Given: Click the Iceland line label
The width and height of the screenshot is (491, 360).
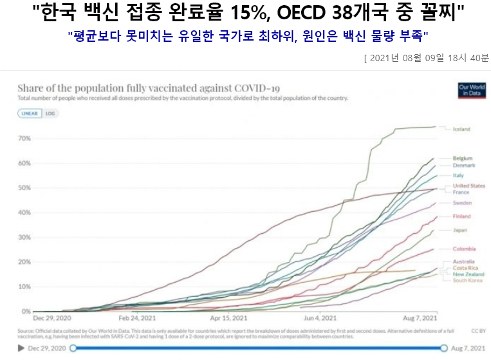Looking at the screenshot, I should tap(461, 129).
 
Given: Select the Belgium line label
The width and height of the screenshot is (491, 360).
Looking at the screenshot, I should tap(463, 158).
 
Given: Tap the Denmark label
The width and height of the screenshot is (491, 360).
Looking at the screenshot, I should tap(463, 166).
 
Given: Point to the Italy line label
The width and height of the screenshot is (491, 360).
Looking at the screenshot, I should tap(458, 175).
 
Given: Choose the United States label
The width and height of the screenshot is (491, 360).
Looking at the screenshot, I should tap(468, 185).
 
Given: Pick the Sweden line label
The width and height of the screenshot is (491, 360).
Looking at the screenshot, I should tap(462, 203).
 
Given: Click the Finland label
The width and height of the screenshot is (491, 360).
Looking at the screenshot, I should tap(461, 216).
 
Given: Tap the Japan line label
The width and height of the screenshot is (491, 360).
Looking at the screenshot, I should tap(459, 230).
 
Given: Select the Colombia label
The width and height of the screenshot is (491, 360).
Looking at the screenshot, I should tap(464, 249).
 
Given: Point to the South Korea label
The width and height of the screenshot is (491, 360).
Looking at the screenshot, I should tap(468, 280).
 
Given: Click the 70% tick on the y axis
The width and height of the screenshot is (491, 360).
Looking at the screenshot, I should tap(25, 138).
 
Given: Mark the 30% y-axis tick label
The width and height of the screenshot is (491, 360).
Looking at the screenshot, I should tap(25, 237).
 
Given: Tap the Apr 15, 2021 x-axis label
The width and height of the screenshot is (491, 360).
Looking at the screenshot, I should tap(228, 318).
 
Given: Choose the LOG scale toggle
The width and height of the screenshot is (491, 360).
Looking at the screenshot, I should tap(50, 113).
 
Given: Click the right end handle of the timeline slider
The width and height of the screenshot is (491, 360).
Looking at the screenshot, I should tap(444, 348).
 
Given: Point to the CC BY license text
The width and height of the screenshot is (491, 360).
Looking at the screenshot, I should tap(477, 331).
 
